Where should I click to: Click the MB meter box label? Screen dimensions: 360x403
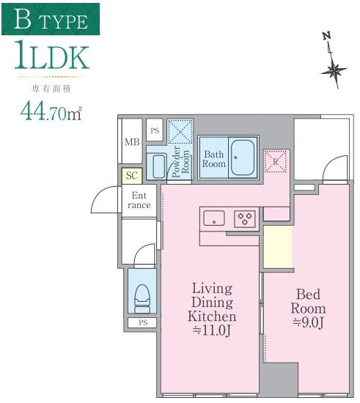pyautogui.click(x=132, y=142)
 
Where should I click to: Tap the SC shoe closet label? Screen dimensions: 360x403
pyautogui.click(x=132, y=176)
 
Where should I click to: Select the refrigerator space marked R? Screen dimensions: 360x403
pyautogui.click(x=276, y=162)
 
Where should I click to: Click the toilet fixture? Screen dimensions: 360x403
pyautogui.click(x=142, y=299)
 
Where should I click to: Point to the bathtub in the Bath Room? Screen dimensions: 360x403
pyautogui.click(x=243, y=158)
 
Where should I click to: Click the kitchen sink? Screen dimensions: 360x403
pyautogui.click(x=214, y=218)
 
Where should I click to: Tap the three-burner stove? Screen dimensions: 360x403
pyautogui.click(x=245, y=219)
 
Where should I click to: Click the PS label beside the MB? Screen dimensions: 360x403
pyautogui.click(x=155, y=130)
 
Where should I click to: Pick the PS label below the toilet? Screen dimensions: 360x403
pyautogui.click(x=143, y=322)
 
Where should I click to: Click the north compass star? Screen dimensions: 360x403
pyautogui.click(x=334, y=70)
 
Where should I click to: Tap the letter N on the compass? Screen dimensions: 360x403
pyautogui.click(x=327, y=36)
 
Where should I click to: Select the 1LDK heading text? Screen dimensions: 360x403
pyautogui.click(x=51, y=55)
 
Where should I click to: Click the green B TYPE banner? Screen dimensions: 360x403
pyautogui.click(x=51, y=19)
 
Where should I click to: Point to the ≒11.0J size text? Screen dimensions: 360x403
pyautogui.click(x=212, y=330)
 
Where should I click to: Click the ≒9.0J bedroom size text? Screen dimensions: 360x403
pyautogui.click(x=308, y=323)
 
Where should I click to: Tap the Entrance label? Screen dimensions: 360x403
pyautogui.click(x=139, y=200)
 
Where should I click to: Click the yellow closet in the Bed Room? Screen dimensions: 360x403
pyautogui.click(x=278, y=247)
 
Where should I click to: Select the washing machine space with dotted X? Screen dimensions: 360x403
pyautogui.click(x=180, y=132)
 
